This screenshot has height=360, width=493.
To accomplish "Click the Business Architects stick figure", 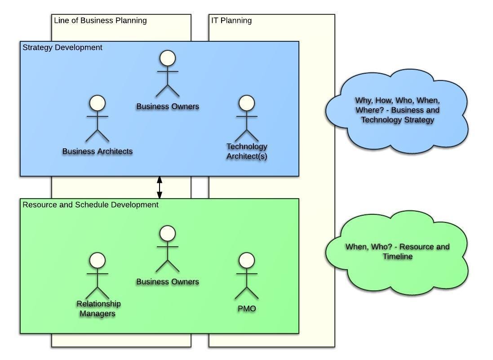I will tap(98, 119).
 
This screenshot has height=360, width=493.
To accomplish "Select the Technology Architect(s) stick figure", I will tap(247, 119).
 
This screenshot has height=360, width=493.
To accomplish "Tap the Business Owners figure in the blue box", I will tap(168, 74).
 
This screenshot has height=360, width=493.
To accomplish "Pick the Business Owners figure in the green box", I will tap(168, 249).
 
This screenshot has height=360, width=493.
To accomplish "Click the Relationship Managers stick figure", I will tap(98, 276).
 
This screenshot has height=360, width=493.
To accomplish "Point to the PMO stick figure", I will tap(247, 276).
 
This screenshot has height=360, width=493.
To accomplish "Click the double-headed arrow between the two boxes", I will tap(159, 187).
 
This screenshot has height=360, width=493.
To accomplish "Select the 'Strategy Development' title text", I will tap(62, 48).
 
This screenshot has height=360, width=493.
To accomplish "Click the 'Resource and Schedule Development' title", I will tap(90, 205).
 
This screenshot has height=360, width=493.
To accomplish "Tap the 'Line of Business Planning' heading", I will tap(100, 21).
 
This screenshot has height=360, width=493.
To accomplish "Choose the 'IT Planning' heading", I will tap(231, 21).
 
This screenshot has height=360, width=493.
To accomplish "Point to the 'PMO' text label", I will tap(247, 309).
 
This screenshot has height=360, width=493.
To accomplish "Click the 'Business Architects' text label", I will tap(98, 151).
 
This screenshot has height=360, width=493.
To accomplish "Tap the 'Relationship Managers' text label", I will tap(98, 309).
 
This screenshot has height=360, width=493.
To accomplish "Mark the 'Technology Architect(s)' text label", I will tap(247, 151).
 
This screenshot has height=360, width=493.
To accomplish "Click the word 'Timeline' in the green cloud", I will tap(397, 257).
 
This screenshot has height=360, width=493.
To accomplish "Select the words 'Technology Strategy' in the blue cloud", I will tap(397, 120).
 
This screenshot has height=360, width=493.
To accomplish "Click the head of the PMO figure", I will tap(247, 260).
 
